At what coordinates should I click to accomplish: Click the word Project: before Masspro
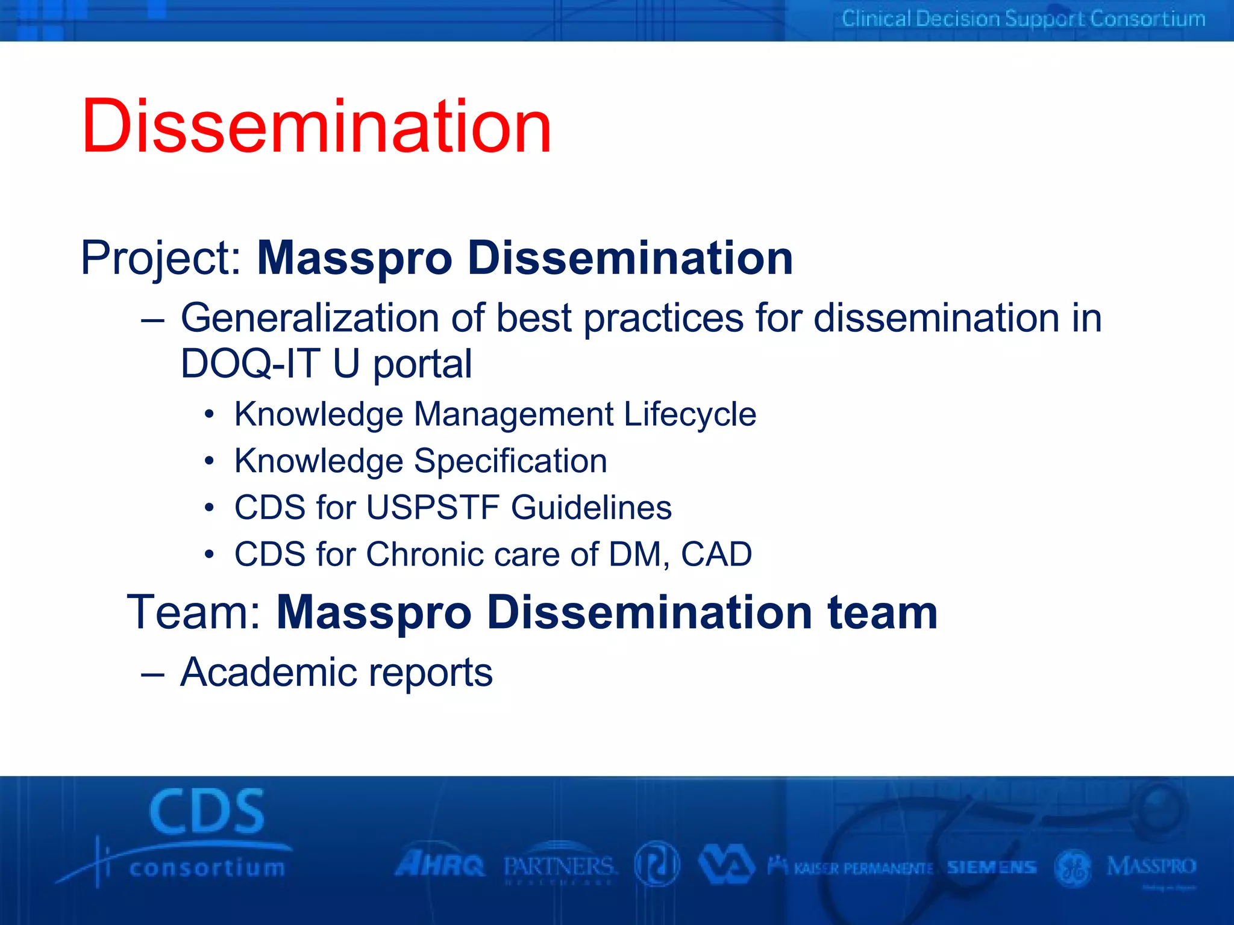point(161,258)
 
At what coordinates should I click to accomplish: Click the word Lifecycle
point(689,415)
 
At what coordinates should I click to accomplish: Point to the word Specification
point(510,461)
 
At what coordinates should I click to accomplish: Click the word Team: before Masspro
point(194,612)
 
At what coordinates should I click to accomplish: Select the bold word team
point(882,612)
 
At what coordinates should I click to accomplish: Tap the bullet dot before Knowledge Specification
point(208,461)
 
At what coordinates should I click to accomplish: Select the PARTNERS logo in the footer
point(559,867)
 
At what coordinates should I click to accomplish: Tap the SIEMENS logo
point(991,867)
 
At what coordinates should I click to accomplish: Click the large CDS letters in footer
point(207,812)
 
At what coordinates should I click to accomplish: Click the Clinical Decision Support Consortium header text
point(1023,19)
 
